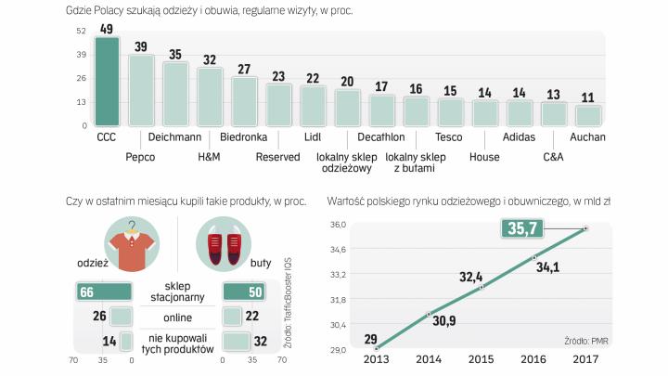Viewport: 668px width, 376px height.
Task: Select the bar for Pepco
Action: click(x=141, y=90)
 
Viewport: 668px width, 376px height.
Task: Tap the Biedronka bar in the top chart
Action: click(x=244, y=101)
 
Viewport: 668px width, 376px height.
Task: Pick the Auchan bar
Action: click(x=588, y=115)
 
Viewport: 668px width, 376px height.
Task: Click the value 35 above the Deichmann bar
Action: click(x=175, y=55)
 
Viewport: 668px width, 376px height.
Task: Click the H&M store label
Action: click(x=210, y=157)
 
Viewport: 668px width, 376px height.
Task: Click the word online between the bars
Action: click(x=176, y=318)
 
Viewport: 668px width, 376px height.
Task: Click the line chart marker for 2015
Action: click(x=481, y=288)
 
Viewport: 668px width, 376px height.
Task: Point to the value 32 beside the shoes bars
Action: click(x=263, y=342)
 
